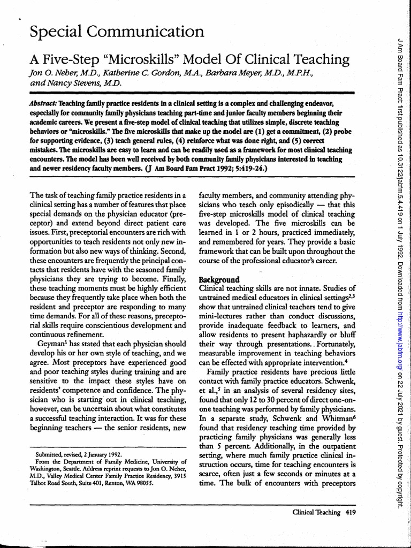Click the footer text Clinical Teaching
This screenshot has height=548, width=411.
click(316, 512)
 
